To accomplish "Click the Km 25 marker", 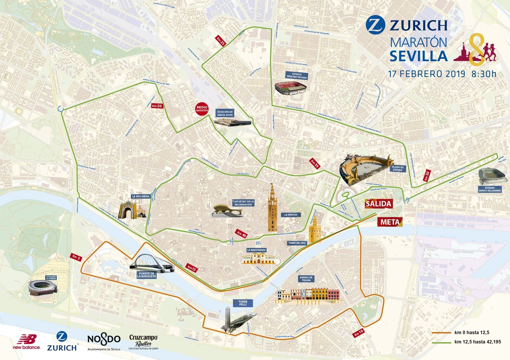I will click(221, 41).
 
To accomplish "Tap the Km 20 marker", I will click(157, 106).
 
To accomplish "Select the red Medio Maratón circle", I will click(202, 109).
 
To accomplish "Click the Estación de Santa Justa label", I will click(225, 113).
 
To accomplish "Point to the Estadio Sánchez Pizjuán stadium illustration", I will click(290, 88).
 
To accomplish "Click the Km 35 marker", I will click(315, 164).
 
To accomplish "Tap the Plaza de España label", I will click(398, 169).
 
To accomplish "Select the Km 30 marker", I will click(427, 176).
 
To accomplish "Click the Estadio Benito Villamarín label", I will click(489, 189).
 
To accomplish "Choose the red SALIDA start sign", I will click(378, 204).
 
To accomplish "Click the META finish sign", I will click(390, 222).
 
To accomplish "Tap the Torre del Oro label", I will click(297, 243).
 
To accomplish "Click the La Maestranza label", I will click(256, 250).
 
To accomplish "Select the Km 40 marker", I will click(242, 234).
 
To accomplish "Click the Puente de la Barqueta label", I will click(146, 275).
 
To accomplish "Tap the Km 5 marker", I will click(76, 257).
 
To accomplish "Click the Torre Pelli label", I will click(243, 303).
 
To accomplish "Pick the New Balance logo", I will click(27, 342).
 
